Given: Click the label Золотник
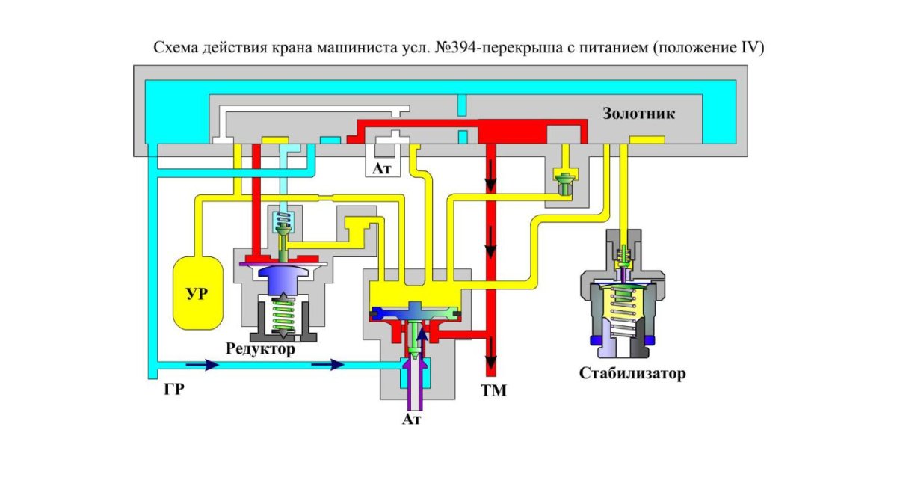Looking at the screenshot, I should click(639, 114).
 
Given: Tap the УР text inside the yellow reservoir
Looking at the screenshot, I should click(197, 292).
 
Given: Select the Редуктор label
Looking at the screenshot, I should click(262, 349).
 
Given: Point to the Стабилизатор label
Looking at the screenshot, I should click(632, 373).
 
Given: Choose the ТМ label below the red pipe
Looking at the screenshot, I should click(493, 390).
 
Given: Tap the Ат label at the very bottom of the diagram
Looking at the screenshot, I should click(412, 420).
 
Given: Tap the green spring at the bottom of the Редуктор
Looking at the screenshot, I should click(282, 315).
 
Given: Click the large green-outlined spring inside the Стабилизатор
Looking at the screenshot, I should click(623, 307).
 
